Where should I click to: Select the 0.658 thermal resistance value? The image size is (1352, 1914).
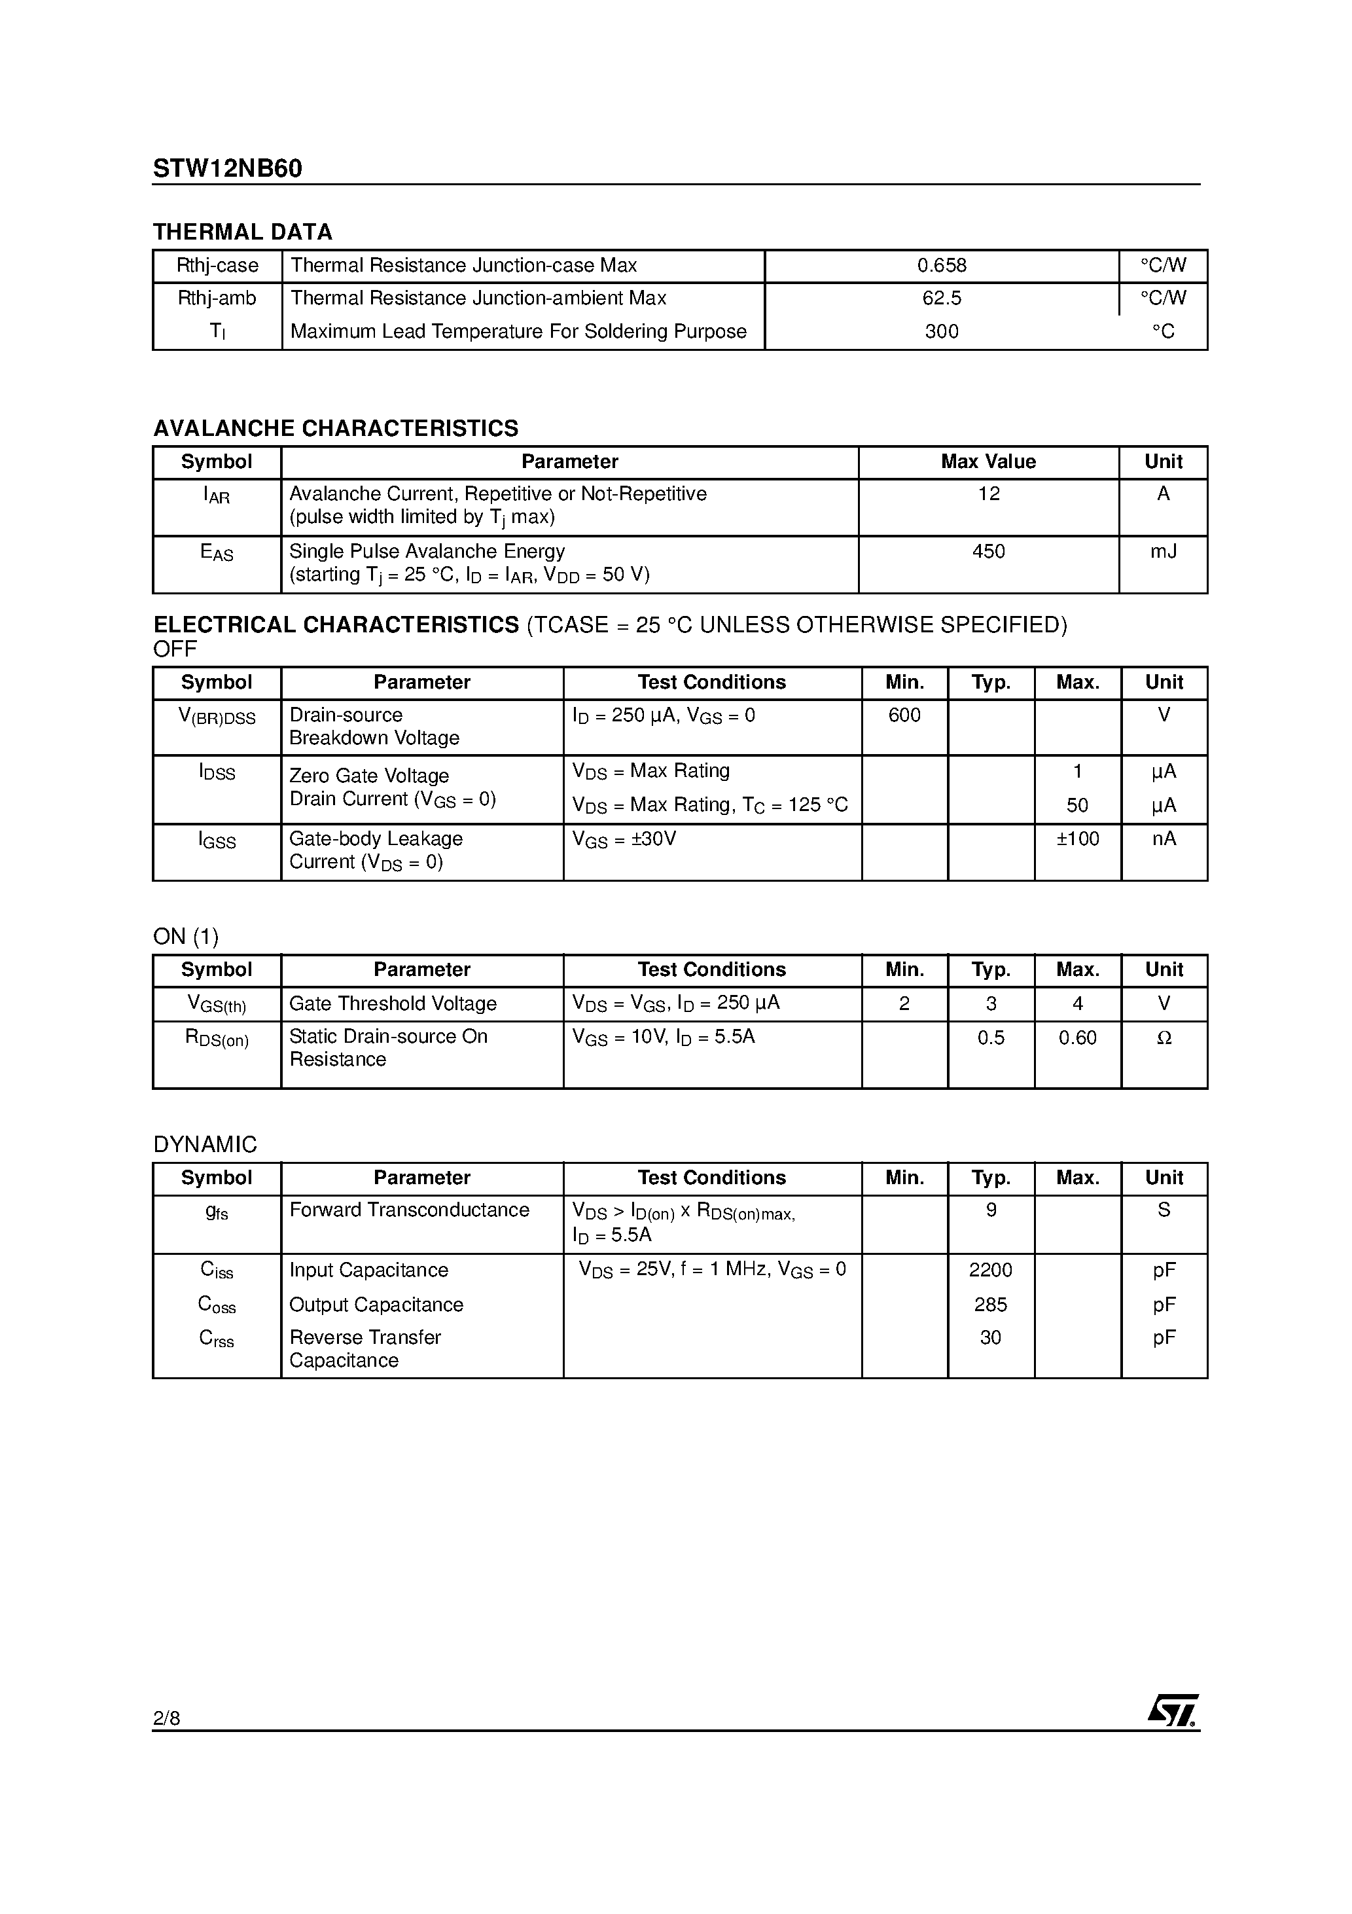click(x=942, y=266)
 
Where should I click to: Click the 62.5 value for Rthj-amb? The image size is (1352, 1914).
click(x=942, y=298)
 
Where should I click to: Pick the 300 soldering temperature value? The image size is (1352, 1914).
click(x=942, y=332)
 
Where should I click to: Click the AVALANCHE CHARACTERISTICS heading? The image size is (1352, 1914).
click(x=335, y=429)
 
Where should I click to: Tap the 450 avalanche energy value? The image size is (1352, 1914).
click(x=989, y=552)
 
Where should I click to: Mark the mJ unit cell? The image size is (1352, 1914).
click(x=1163, y=552)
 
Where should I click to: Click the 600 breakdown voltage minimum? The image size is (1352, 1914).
click(x=904, y=715)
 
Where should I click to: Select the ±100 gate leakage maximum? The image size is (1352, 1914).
click(x=1078, y=839)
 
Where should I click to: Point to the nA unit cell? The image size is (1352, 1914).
click(x=1164, y=839)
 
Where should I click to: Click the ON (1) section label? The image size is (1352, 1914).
click(x=186, y=937)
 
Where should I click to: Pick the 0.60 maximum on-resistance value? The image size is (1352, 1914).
click(x=1078, y=1038)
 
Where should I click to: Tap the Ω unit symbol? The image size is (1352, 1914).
click(x=1164, y=1038)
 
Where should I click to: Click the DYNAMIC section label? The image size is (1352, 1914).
click(x=205, y=1145)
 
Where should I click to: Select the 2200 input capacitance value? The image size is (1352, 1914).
click(x=990, y=1271)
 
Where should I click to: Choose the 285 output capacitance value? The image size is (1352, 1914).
click(x=990, y=1305)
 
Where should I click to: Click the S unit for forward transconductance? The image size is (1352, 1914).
click(x=1164, y=1210)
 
